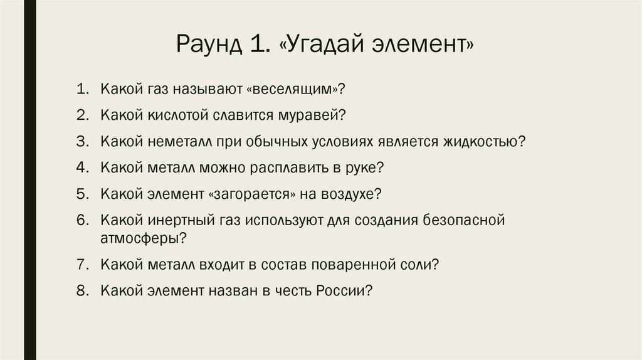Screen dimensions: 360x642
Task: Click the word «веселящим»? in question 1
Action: (297, 90)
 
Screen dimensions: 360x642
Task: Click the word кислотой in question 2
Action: (174, 115)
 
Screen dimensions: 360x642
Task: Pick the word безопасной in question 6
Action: (464, 220)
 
